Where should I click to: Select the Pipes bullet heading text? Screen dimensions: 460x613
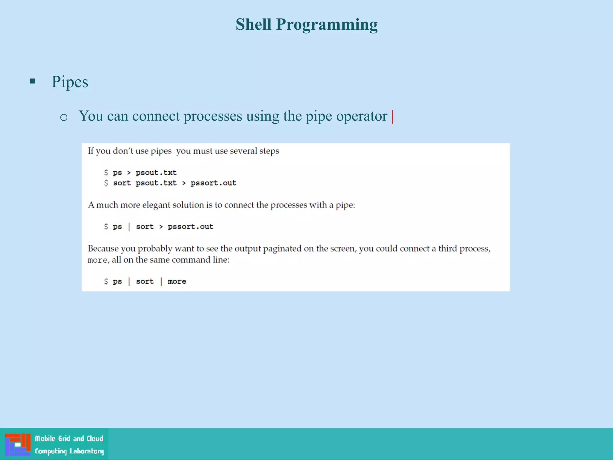[x=70, y=82]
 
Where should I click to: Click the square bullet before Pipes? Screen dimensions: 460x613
[x=33, y=81]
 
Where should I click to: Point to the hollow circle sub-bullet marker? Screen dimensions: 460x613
[x=63, y=117]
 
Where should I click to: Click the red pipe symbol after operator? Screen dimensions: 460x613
[x=392, y=116]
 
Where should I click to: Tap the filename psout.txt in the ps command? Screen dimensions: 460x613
[x=156, y=173]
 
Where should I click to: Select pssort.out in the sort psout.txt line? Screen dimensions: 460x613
[x=213, y=183]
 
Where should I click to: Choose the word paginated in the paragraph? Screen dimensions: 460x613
[x=282, y=249]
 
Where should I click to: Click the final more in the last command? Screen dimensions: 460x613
[x=177, y=282]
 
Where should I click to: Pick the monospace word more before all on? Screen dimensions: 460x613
[x=97, y=260]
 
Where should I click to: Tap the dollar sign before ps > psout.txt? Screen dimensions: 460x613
[x=106, y=172]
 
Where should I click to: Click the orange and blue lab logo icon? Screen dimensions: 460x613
[x=17, y=444]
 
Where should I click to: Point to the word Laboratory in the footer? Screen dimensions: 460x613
[x=87, y=451]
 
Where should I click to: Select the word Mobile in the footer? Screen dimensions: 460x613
[x=45, y=439]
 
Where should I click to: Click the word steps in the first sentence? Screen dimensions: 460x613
[x=269, y=151]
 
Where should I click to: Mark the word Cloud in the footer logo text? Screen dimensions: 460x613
[x=95, y=439]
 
